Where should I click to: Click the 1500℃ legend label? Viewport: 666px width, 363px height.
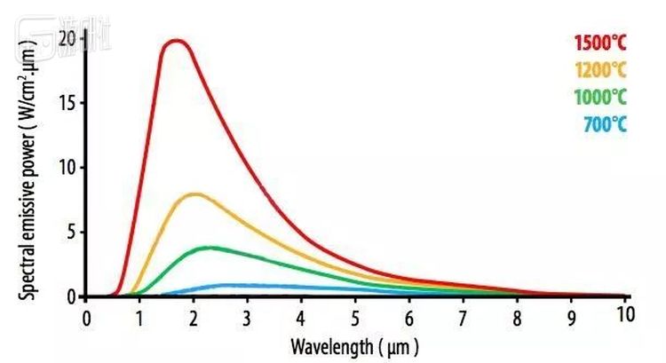tap(600, 42)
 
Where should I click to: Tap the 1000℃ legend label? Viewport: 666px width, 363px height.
tap(600, 97)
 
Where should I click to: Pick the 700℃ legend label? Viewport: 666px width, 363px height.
tap(605, 124)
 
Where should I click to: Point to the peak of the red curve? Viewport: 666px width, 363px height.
tap(176, 41)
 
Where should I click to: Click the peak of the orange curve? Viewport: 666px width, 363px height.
tap(195, 193)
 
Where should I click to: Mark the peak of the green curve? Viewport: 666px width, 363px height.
tap(209, 248)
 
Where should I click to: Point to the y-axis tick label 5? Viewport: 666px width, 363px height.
tap(71, 233)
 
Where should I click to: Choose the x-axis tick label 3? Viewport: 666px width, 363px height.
tap(248, 317)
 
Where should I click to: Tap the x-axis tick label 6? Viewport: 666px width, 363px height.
tap(409, 317)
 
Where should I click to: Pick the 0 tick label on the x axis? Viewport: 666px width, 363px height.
tap(86, 317)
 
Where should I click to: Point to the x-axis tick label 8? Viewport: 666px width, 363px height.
tap(517, 317)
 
